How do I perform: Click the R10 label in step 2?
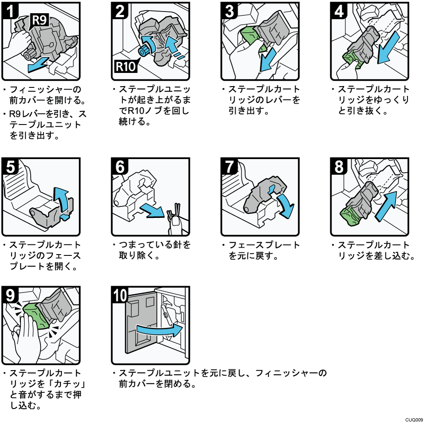pos(124,68)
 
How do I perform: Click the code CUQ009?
pos(414,419)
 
